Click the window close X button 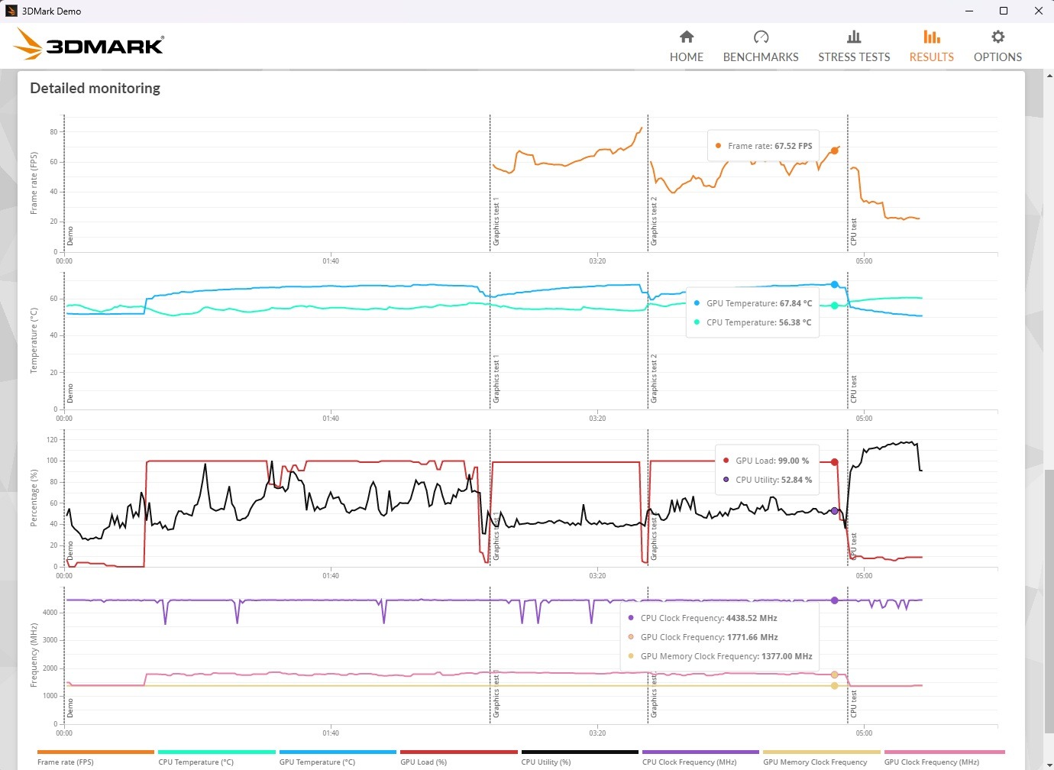[1039, 11]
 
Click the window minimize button [969, 11]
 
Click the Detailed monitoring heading [95, 88]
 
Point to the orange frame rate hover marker [834, 150]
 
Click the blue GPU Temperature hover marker [834, 285]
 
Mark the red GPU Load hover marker [834, 462]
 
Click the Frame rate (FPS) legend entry [66, 762]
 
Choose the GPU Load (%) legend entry [423, 762]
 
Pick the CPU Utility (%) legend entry [545, 762]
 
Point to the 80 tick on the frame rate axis [53, 132]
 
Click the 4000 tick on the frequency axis [50, 613]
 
